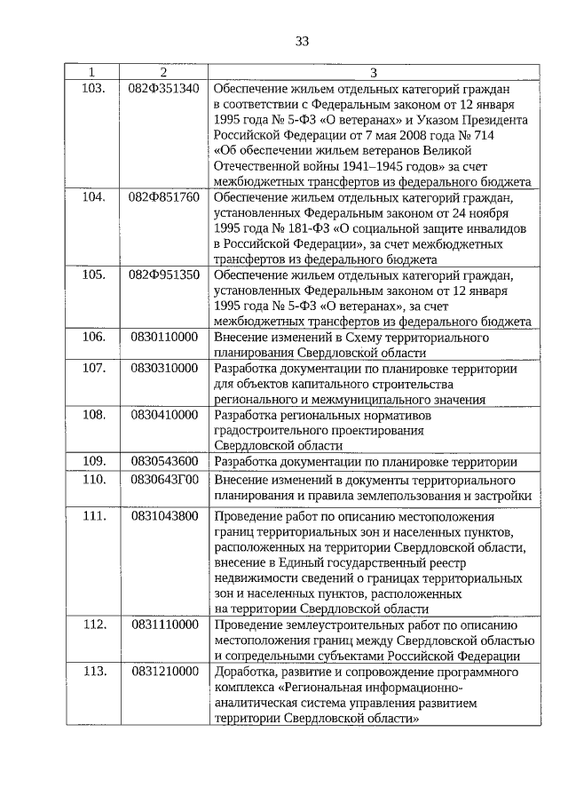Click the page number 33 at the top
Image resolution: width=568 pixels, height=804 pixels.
point(302,41)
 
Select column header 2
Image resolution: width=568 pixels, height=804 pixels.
point(163,72)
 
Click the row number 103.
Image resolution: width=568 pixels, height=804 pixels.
point(93,87)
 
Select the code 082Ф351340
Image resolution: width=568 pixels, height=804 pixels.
point(164,87)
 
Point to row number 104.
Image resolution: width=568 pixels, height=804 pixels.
point(93,196)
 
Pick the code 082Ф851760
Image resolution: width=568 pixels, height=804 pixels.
point(164,196)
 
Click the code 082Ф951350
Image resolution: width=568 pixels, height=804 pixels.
point(164,275)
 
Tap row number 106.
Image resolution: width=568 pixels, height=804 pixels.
point(93,338)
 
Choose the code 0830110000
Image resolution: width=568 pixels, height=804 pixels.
point(164,338)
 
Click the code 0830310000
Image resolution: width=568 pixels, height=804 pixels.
point(164,369)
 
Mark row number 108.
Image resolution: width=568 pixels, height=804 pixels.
point(93,415)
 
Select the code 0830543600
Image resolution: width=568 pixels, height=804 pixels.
point(164,462)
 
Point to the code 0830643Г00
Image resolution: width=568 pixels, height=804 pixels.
point(164,480)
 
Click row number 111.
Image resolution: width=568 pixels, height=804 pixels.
point(93,516)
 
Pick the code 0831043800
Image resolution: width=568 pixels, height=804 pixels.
point(164,516)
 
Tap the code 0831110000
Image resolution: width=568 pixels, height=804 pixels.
point(164,625)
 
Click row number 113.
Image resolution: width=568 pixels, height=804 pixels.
point(93,672)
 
